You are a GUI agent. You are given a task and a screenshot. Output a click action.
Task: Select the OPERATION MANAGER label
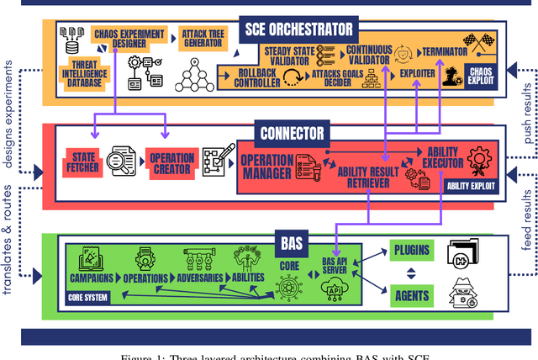coord(267,167)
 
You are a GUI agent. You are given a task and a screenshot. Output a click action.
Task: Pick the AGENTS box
coord(412,294)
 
